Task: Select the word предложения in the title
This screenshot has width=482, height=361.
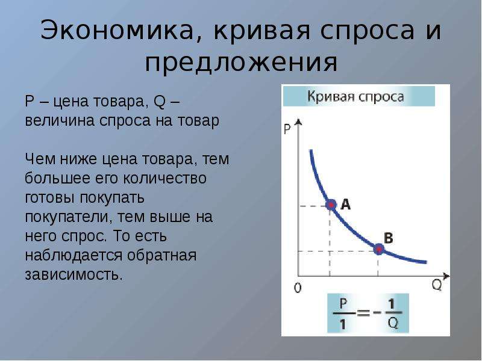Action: click(x=242, y=63)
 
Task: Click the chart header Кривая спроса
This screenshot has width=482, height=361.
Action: click(x=355, y=96)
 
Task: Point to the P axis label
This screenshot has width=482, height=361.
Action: click(x=287, y=129)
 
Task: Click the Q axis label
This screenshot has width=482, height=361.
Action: click(x=436, y=285)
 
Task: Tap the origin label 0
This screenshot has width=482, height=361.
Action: click(x=298, y=288)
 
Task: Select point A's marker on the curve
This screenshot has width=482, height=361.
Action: click(x=331, y=204)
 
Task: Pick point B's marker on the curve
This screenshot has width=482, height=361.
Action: click(x=379, y=249)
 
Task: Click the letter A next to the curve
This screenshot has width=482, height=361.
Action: click(x=346, y=204)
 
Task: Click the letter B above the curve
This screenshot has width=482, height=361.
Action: click(x=389, y=238)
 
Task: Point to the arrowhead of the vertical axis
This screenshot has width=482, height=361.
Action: click(x=298, y=122)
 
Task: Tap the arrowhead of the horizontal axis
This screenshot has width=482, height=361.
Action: click(x=446, y=276)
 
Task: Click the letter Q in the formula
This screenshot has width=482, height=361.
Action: click(x=393, y=323)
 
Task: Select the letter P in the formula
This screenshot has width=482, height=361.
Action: click(x=343, y=303)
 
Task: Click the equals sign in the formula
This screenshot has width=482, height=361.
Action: click(x=363, y=313)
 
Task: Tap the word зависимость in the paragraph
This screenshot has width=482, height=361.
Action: click(x=74, y=275)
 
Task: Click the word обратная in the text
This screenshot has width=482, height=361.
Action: click(x=161, y=255)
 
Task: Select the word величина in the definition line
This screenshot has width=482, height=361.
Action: click(x=59, y=120)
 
